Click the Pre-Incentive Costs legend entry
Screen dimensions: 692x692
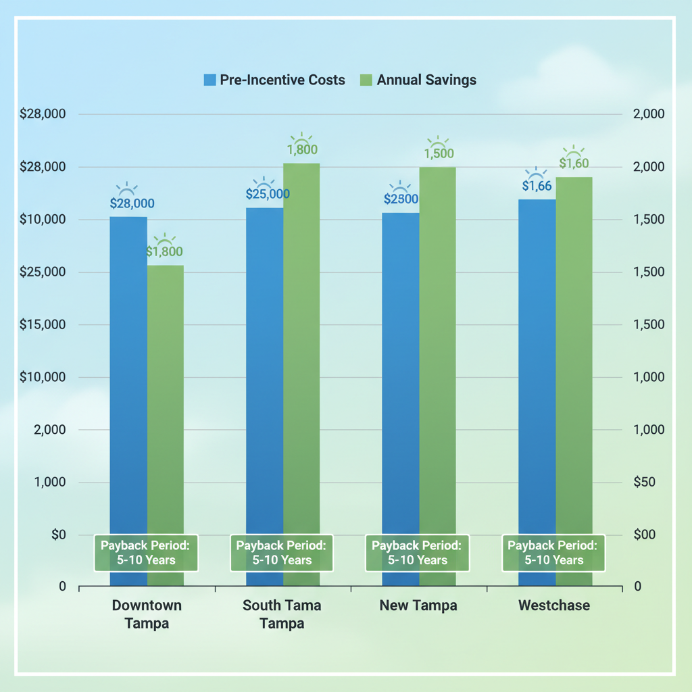274,80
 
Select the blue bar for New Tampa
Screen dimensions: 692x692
400,372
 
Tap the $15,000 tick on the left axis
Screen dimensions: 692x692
43,325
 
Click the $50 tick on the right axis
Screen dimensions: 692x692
646,483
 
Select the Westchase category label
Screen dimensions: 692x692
554,605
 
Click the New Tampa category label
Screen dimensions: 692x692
418,605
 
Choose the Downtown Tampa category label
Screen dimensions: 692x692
147,614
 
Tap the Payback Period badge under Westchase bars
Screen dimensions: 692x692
553,552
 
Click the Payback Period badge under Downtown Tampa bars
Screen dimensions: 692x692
146,552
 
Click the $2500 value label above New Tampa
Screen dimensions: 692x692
401,199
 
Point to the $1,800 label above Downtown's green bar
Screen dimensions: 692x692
165,251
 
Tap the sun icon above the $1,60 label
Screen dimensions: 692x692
574,150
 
